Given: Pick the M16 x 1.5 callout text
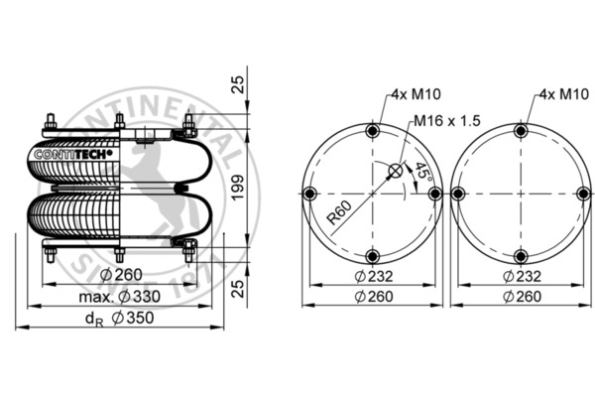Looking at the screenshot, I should tap(447, 121).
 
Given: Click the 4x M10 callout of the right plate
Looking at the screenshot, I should tap(557, 95).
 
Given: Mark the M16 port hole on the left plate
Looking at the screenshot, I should tap(395, 171).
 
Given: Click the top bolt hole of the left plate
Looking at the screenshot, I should tap(372, 131).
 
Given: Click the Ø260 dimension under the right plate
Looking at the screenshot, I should tap(520, 296).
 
